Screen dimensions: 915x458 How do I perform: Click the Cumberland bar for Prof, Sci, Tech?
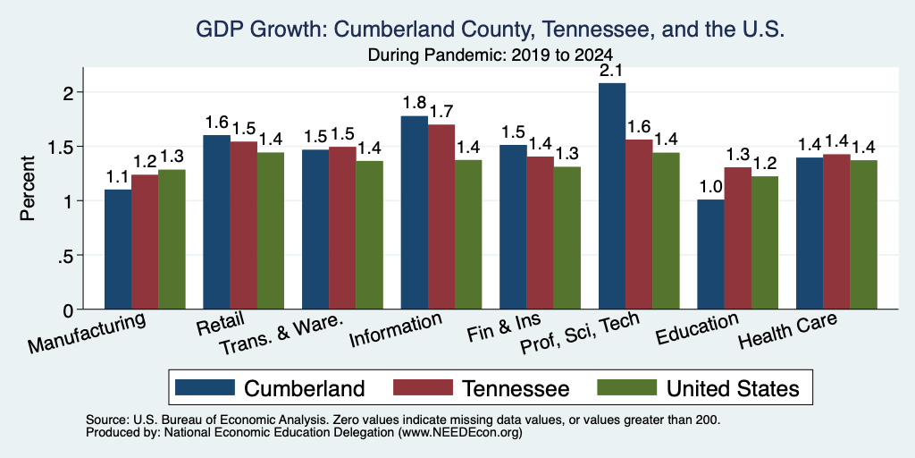[611, 196]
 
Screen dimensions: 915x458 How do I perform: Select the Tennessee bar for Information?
[441, 216]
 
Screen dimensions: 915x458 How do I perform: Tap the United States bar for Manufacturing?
[172, 240]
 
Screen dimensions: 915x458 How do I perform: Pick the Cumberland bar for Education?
[710, 254]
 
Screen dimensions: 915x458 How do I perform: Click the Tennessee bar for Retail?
[243, 225]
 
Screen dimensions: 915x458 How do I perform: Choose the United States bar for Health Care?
[864, 235]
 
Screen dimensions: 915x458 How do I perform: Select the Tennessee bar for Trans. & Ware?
[342, 228]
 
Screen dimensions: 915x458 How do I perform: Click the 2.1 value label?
[612, 72]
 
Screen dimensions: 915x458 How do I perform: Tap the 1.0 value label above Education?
[710, 188]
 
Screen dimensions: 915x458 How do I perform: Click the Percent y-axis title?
[28, 188]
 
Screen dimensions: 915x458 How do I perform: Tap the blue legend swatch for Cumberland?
[205, 387]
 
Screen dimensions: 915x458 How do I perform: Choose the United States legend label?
[733, 388]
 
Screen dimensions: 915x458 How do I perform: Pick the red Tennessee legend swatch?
[423, 387]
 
